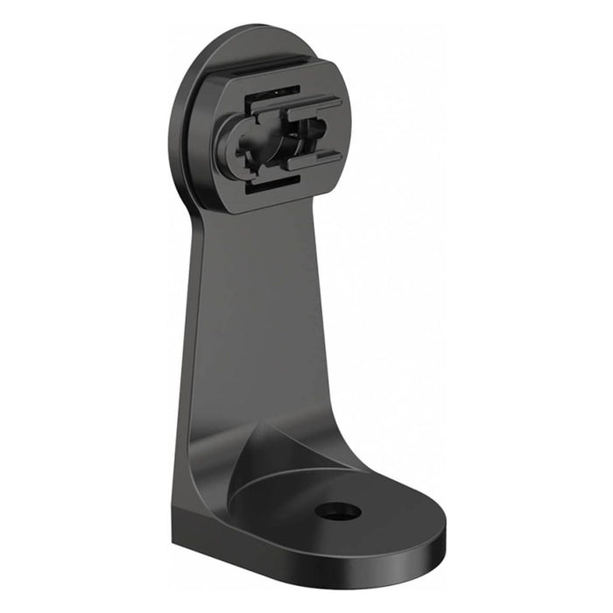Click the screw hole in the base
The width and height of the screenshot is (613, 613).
(x=338, y=511)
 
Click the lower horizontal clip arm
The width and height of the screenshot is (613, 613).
(x=313, y=161)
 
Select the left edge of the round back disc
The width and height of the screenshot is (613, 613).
(x=173, y=131)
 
